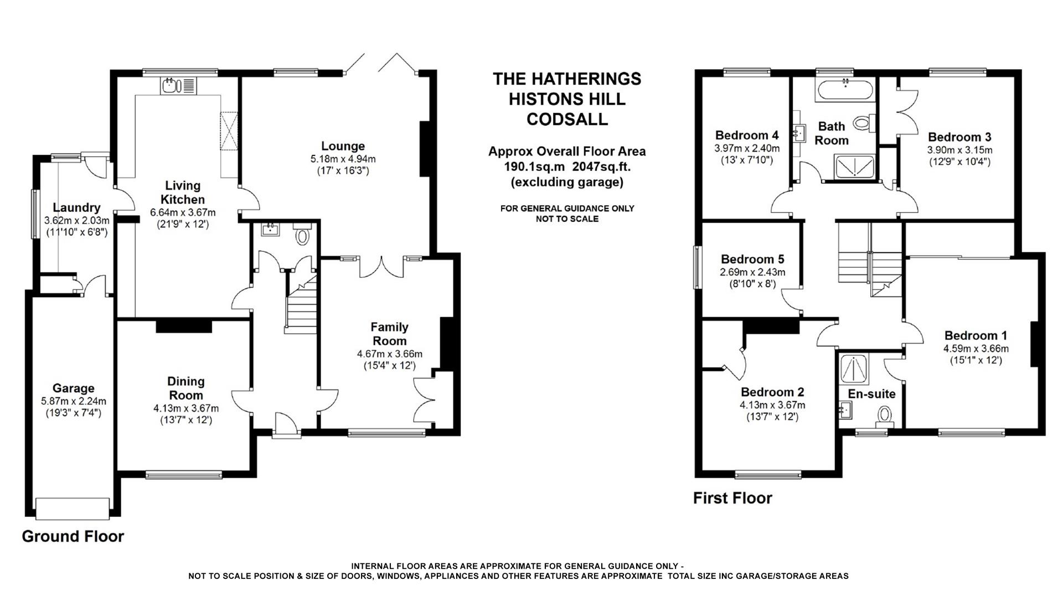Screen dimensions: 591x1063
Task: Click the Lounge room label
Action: tap(343, 146)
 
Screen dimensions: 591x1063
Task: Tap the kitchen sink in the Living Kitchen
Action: tap(170, 86)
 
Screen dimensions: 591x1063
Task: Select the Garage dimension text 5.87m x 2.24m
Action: tap(74, 401)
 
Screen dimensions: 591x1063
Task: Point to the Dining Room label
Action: tap(186, 388)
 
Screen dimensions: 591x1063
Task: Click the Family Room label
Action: tap(389, 334)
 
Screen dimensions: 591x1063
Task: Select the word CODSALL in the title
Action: tap(566, 120)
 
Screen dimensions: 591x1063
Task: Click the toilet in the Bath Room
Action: tap(862, 122)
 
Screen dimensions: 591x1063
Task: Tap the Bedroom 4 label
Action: tap(747, 135)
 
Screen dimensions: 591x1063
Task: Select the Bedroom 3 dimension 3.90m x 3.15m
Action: tap(959, 150)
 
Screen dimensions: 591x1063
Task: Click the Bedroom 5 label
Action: tap(752, 259)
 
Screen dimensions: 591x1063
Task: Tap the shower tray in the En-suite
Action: tap(854, 368)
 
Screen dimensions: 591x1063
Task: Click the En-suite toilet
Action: tap(885, 416)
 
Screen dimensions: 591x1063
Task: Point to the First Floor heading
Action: tap(732, 498)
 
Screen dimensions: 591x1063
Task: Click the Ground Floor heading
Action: tap(73, 536)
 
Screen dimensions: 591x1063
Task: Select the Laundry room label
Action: tap(76, 208)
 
